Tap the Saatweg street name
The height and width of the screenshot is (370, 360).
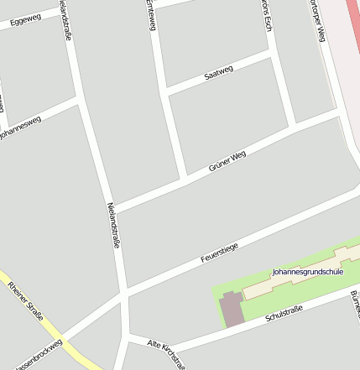click(x=218, y=73)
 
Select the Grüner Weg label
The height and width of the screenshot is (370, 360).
click(x=227, y=163)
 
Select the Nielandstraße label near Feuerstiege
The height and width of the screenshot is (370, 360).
click(x=114, y=225)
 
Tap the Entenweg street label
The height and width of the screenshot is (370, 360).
click(x=151, y=15)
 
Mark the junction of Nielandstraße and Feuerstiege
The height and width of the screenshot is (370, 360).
click(x=125, y=295)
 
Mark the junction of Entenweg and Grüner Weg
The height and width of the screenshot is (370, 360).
click(x=183, y=178)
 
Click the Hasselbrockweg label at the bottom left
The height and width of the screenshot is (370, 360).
click(x=38, y=354)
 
